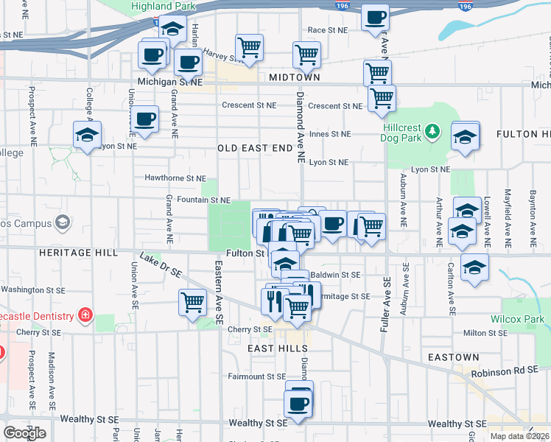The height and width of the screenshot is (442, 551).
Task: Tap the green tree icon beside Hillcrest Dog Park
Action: tap(433, 132)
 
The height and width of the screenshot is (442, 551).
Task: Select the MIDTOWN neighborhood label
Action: tap(295, 77)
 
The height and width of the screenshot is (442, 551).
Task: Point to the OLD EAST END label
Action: tap(256, 148)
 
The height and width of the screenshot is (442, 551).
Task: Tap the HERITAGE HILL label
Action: tap(77, 252)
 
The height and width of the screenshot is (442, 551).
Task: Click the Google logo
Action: tap(24, 432)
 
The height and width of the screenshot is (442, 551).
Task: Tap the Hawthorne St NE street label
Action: tap(175, 178)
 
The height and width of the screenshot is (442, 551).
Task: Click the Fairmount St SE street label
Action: tap(256, 376)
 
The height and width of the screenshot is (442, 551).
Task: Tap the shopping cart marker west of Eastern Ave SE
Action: tap(192, 302)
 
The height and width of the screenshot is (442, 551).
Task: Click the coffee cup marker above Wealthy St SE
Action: tap(298, 404)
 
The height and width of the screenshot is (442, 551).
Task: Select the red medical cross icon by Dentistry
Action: tap(85, 316)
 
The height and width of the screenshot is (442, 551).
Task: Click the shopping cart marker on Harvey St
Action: tap(250, 47)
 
